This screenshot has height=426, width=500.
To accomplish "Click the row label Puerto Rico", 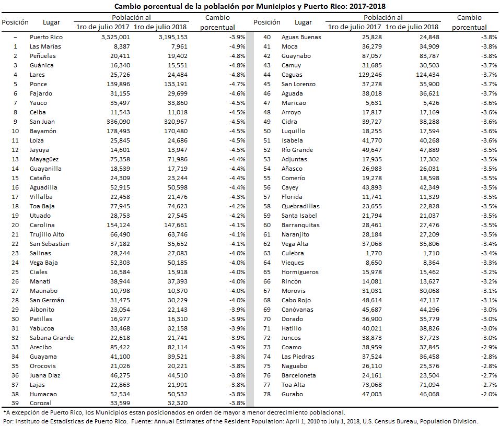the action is click(46, 37).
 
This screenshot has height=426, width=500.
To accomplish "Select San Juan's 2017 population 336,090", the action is click(118, 122).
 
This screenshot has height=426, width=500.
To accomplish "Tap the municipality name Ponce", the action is click(38, 84).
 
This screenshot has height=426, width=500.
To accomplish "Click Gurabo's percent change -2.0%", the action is click(489, 394).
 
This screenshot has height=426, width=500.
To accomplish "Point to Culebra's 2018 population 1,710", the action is click(431, 253).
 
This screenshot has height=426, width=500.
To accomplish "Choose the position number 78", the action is click(267, 394).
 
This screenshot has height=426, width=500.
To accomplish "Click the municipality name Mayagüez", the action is click(44, 159).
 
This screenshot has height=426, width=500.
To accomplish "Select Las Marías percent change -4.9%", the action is click(237, 46).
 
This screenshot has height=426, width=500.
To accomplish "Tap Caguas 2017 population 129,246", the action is click(370, 75).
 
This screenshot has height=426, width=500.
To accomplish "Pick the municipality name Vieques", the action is click(293, 263).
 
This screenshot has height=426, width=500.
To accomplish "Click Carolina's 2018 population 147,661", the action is click(176, 225).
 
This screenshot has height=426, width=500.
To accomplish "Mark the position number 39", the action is click(15, 403).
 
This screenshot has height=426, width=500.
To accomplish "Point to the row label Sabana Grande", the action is click(52, 338).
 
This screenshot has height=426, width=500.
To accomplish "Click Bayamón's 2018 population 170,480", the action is click(176, 131).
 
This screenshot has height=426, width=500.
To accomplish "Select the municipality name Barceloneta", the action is click(298, 375).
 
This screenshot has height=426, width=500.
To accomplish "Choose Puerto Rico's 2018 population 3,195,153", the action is click(173, 37).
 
